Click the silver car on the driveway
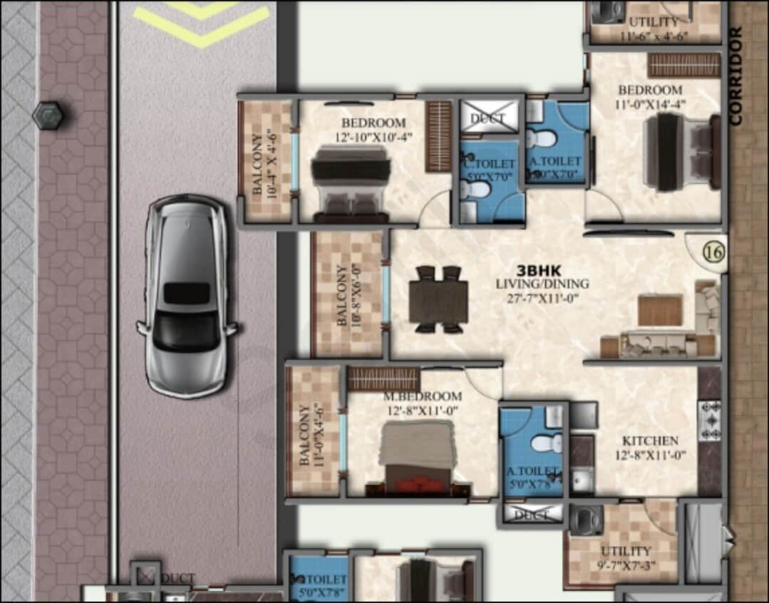tap(187, 296)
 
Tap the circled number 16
tap(712, 252)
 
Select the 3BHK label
tap(539, 271)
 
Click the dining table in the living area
tap(438, 299)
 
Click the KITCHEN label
tap(650, 440)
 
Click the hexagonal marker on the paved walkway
tap(47, 114)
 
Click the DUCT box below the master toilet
tap(532, 513)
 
